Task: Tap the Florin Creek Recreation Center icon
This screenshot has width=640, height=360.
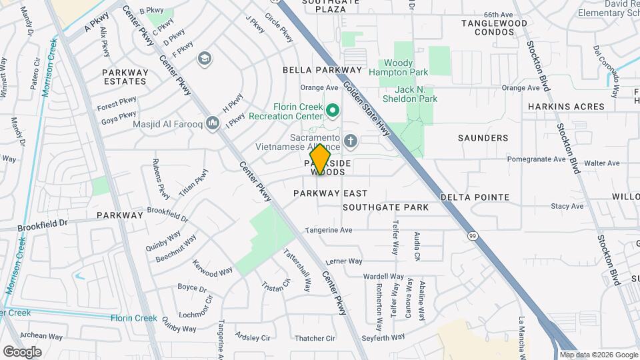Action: (x=333, y=109)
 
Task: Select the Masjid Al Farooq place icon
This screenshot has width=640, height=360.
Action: (x=213, y=123)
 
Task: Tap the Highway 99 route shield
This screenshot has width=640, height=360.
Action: (x=473, y=235)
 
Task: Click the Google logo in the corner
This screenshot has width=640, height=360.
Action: (x=22, y=351)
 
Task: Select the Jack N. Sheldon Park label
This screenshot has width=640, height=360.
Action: (x=415, y=93)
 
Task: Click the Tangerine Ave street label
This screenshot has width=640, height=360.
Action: (x=328, y=230)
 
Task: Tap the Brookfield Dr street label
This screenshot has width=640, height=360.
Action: (x=43, y=224)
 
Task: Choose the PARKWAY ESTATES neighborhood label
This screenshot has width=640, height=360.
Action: (x=124, y=76)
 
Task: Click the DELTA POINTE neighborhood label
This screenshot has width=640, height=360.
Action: (x=475, y=197)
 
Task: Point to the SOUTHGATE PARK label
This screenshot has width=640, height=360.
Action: (x=385, y=207)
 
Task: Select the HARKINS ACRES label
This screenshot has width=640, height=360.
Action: (x=566, y=107)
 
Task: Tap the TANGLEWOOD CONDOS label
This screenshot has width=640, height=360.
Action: (x=494, y=28)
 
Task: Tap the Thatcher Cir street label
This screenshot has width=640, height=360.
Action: (x=314, y=338)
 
